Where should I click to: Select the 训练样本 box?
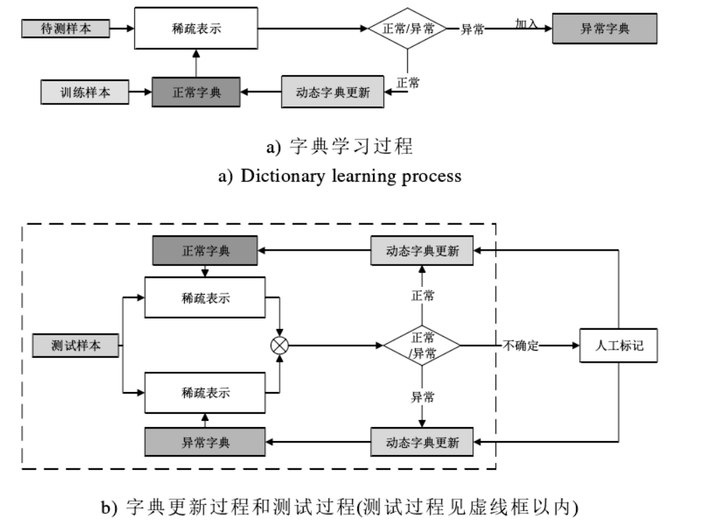coord(85,92)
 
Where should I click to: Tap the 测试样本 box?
coord(76,345)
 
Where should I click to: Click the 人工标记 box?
coord(619,345)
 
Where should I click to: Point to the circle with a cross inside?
coord(280,344)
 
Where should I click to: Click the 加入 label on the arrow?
coord(526,24)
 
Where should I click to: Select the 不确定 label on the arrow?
coord(521,345)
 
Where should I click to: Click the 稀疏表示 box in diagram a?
coord(195,29)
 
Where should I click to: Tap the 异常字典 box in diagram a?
coord(605,29)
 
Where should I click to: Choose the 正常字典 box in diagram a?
coord(196,92)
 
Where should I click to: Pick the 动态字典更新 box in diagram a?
coord(332,92)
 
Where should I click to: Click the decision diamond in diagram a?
coord(407,29)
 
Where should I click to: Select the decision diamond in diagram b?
coord(422,345)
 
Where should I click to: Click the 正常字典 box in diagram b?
coord(206,251)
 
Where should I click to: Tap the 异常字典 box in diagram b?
coord(206,442)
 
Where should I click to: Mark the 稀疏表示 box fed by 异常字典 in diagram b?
coord(205,393)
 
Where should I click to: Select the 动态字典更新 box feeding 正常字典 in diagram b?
coord(422,251)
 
